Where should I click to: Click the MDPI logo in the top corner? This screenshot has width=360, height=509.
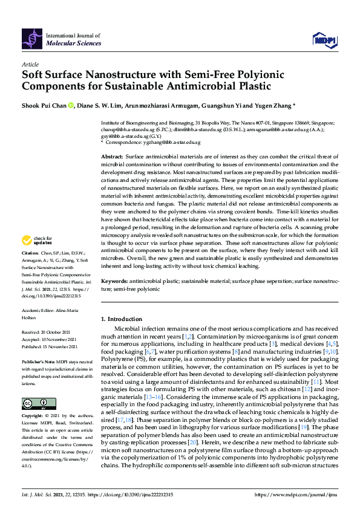(x=324, y=40)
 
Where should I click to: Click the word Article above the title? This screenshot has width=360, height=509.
(x=30, y=63)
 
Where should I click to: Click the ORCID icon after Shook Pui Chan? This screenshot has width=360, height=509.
(x=70, y=105)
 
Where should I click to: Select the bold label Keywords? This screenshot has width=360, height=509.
(x=114, y=282)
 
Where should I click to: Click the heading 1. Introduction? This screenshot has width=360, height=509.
(x=121, y=319)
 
